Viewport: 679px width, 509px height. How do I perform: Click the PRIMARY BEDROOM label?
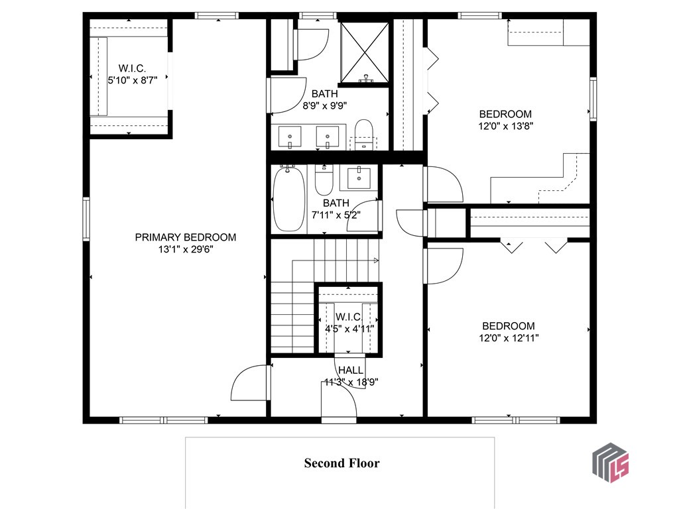[x=186, y=237]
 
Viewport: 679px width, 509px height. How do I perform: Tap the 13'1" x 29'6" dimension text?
[x=186, y=250]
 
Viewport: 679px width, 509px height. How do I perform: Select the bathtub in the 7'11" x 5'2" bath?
[x=288, y=198]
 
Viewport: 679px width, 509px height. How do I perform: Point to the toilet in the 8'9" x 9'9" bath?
[x=363, y=133]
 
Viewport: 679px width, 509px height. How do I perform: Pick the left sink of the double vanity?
[x=291, y=137]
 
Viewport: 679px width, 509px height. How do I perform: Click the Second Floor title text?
[x=341, y=463]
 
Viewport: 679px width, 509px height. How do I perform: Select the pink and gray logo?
[x=610, y=462]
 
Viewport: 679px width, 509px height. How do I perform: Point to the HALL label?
[x=350, y=370]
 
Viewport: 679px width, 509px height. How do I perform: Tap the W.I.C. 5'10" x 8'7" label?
[x=132, y=74]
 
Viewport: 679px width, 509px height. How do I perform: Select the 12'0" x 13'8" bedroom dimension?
[x=506, y=125]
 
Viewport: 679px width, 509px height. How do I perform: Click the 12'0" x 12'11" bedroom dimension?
[x=509, y=337]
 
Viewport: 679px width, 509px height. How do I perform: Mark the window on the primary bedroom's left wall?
[x=86, y=219]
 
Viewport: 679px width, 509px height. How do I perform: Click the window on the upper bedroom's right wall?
[x=593, y=99]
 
